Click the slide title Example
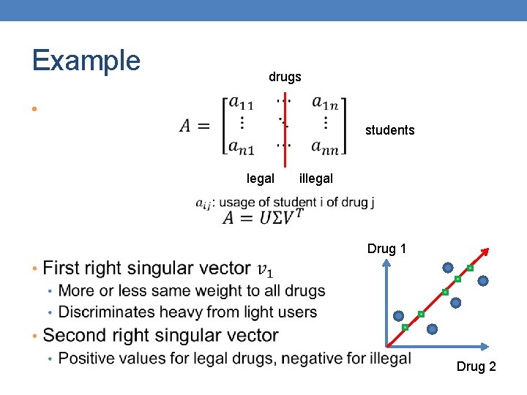point(86,60)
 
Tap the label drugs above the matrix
point(285,77)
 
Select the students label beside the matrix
point(389,130)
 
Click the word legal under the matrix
point(261,178)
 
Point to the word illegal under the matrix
point(316,178)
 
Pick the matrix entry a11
point(241,104)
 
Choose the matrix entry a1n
point(324,104)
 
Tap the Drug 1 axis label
point(386,249)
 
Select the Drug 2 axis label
point(476,366)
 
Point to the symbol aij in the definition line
point(203,204)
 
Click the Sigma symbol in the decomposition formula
point(267,217)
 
